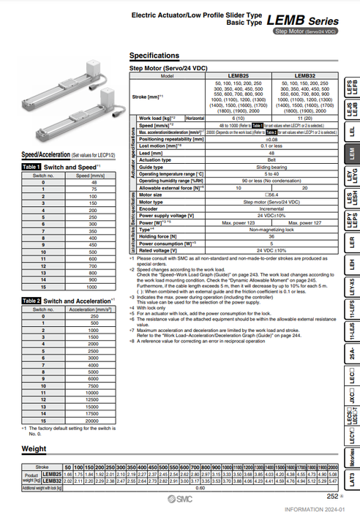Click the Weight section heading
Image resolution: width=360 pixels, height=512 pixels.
click(x=34, y=448)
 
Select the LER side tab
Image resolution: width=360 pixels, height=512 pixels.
click(x=351, y=240)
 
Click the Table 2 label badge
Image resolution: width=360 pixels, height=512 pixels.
click(x=30, y=301)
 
